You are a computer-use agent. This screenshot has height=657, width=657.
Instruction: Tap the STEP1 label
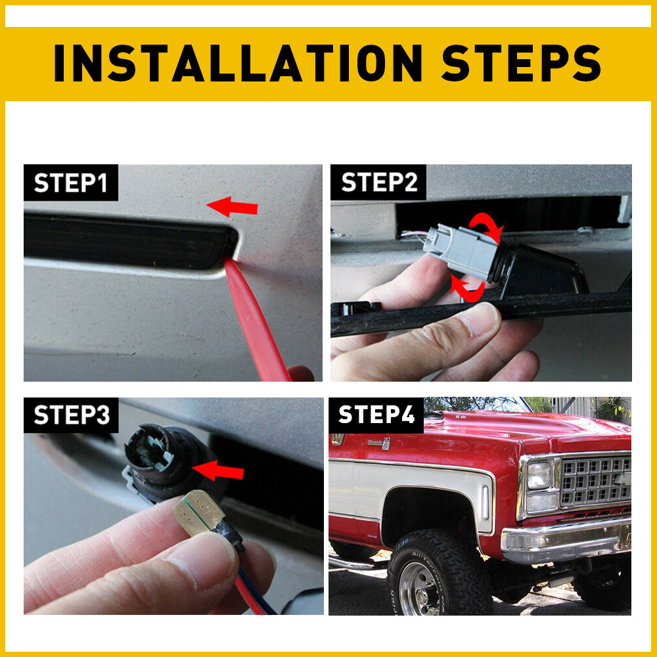coord(70,183)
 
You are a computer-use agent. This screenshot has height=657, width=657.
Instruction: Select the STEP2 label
coord(379,183)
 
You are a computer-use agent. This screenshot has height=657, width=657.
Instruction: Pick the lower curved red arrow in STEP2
coord(468,289)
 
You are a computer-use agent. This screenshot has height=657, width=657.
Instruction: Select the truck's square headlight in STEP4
coord(539,476)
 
